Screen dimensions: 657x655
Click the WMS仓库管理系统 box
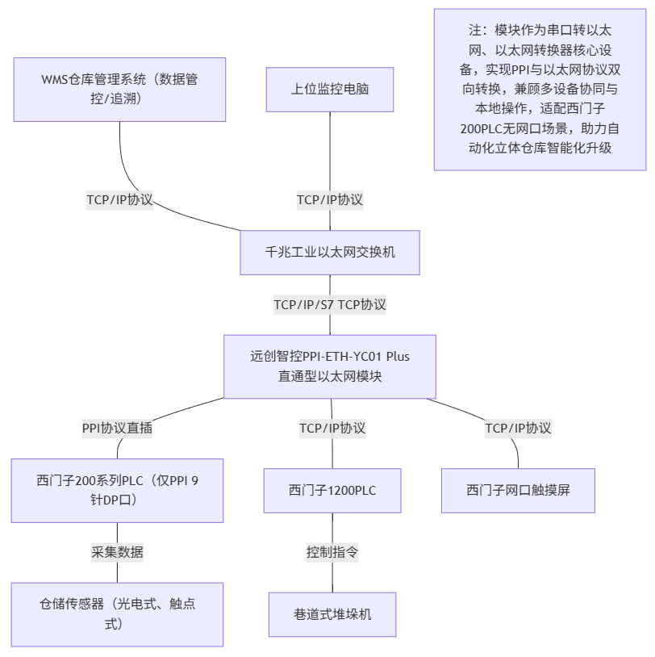tap(119, 89)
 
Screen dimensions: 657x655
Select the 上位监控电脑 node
tap(330, 89)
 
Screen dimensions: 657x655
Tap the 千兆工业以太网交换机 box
tap(330, 252)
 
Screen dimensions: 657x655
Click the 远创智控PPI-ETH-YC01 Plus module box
tap(330, 366)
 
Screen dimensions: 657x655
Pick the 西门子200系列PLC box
tap(117, 490)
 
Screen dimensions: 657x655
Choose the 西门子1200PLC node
tap(332, 490)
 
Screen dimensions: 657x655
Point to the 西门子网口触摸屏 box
tap(518, 490)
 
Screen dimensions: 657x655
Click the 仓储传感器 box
tap(117, 613)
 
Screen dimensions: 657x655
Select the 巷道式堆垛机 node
tap(332, 614)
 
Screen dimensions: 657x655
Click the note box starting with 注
tap(540, 89)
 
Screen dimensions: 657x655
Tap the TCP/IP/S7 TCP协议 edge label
tap(330, 304)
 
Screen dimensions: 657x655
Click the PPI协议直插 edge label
tap(117, 428)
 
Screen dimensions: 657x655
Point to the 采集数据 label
tap(117, 552)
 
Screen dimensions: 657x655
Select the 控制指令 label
tap(332, 552)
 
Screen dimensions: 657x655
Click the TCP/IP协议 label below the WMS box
tap(120, 199)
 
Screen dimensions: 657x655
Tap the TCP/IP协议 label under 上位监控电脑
tap(330, 199)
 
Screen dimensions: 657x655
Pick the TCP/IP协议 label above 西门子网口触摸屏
tap(518, 428)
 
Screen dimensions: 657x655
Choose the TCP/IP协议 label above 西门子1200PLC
tap(332, 428)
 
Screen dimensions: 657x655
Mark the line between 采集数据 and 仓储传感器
tap(117, 572)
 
